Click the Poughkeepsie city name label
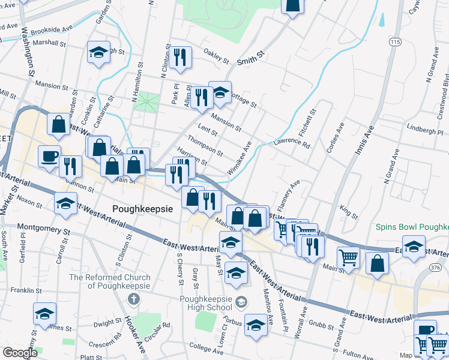[x=143, y=208]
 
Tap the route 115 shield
[x=394, y=41]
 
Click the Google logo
[x=20, y=352]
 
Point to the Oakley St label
[x=217, y=56]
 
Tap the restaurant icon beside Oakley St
[x=180, y=57]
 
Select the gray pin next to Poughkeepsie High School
[x=241, y=301]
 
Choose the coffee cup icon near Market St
[x=49, y=155]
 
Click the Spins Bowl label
[x=412, y=227]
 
